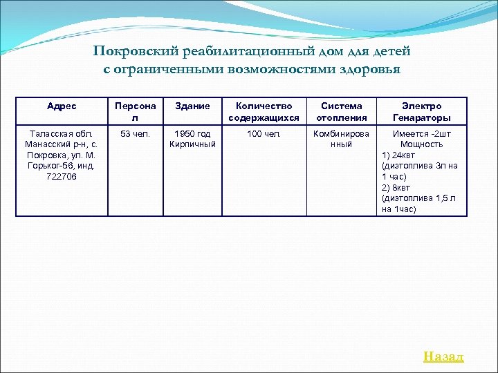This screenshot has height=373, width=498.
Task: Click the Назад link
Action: (443, 356)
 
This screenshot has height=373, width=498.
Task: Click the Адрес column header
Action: (62, 106)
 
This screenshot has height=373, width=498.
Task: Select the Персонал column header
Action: (135, 112)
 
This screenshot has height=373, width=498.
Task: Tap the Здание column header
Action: (193, 106)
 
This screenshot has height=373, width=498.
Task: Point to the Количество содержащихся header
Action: (264, 112)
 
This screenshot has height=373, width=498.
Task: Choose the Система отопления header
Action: (341, 112)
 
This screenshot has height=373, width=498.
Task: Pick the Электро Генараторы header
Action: (421, 112)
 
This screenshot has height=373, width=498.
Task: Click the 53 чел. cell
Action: (135, 133)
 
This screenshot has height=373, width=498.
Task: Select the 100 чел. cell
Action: (264, 133)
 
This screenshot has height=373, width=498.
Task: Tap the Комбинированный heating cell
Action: (341, 139)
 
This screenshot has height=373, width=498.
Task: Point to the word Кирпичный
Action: (193, 144)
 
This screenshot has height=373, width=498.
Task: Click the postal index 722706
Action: (62, 177)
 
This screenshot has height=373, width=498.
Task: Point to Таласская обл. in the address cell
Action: (62, 133)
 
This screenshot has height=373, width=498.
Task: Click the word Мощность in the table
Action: (421, 144)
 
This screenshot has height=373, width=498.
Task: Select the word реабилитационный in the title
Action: (228, 52)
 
